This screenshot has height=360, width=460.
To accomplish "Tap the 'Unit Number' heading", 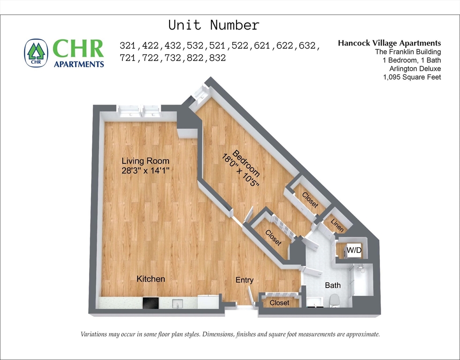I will coord(214,25).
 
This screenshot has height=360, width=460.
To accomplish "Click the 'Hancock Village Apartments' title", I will coord(389,43).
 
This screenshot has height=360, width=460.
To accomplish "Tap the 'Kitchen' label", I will coord(150,279).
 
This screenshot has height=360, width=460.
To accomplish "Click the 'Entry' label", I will coord(244,280).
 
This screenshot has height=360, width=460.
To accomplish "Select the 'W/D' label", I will coord(354,251).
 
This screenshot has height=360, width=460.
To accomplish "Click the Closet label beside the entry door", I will coord(280,303).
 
